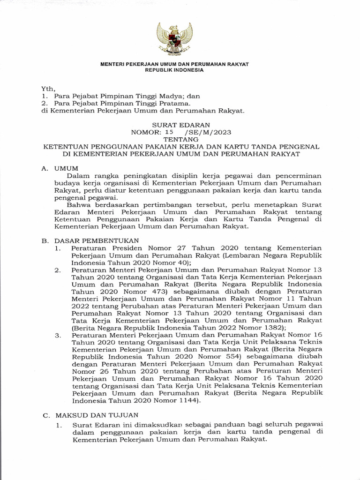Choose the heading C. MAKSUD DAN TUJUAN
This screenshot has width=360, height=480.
(x=90, y=415)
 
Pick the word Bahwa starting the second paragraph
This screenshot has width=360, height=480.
(x=78, y=204)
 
